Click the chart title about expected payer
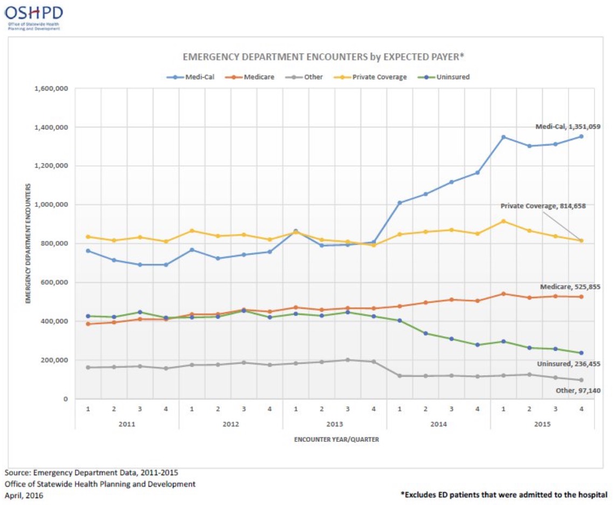pos(323,56)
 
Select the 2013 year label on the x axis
pos(335,424)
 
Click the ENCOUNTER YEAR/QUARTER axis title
pos(336,439)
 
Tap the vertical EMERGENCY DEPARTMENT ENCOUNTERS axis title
pos(28,243)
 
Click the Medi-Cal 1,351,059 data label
pos(568,127)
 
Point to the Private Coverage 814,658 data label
pos(543,206)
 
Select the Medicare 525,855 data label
pos(570,287)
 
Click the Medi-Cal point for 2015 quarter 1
pos(503,137)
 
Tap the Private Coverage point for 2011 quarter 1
pos(88,237)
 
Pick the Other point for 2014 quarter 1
pos(399,376)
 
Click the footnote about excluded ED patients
pos(504,494)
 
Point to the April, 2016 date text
pos(24,495)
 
